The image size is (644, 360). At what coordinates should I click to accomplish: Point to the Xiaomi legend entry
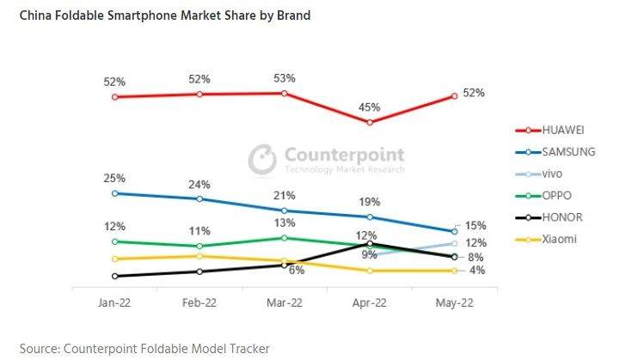(x=558, y=239)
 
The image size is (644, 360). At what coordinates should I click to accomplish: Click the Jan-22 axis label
(x=113, y=303)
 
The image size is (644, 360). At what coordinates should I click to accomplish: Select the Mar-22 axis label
(x=284, y=303)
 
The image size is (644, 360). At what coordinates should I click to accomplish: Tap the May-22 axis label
(x=454, y=303)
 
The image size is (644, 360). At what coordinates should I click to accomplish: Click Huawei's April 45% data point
(x=369, y=123)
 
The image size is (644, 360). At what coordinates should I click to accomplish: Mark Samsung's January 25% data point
(x=114, y=193)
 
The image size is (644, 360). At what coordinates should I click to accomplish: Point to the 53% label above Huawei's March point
(x=285, y=78)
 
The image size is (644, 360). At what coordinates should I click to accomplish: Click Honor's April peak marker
(x=369, y=244)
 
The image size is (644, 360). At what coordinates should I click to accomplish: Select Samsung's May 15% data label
(x=475, y=226)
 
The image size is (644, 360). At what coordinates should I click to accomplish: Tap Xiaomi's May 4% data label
(x=476, y=271)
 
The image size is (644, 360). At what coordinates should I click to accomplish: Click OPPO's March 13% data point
(x=285, y=237)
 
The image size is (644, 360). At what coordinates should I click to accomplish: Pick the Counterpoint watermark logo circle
(x=261, y=158)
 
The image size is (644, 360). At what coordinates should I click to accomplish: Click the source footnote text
(x=144, y=348)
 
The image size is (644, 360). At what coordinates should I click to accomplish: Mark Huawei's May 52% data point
(x=454, y=97)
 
